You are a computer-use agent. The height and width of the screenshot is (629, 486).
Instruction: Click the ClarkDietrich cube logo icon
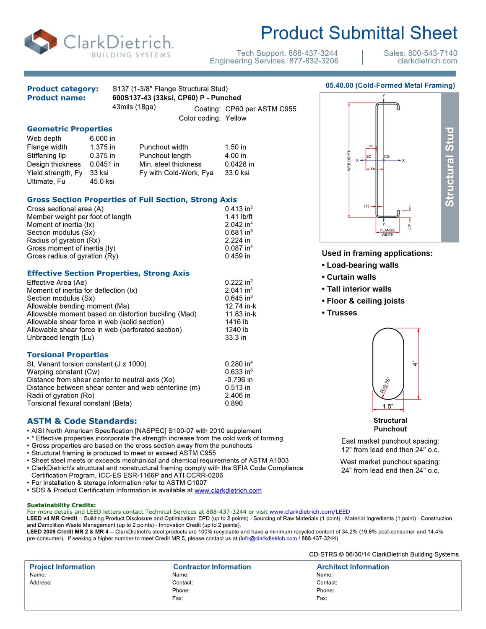click(41, 42)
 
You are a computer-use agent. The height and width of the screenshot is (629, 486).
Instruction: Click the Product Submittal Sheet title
click(359, 33)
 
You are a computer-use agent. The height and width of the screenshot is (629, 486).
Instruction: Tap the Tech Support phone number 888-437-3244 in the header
click(312, 53)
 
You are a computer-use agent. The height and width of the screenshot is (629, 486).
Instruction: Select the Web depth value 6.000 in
click(102, 138)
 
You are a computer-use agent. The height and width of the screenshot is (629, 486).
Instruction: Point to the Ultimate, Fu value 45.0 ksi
click(102, 181)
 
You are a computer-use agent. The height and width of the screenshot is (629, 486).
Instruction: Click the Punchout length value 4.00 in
click(235, 156)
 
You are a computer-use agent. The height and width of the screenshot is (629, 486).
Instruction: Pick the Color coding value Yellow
click(236, 118)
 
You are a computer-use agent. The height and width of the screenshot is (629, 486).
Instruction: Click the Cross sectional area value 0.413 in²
click(239, 209)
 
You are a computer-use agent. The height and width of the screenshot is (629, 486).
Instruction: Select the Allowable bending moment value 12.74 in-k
click(240, 306)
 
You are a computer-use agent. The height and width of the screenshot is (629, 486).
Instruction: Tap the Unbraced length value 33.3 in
click(235, 338)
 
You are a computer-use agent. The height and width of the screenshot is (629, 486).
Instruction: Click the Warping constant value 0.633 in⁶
click(239, 372)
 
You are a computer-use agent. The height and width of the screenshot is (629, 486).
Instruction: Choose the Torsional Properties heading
click(68, 355)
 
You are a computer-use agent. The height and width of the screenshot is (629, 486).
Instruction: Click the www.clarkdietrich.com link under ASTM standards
click(228, 491)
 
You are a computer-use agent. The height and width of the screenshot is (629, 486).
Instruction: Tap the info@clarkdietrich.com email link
click(268, 538)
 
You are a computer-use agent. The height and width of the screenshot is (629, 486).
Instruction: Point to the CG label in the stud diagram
click(387, 156)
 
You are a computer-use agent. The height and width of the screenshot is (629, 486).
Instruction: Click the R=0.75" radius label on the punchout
click(385, 385)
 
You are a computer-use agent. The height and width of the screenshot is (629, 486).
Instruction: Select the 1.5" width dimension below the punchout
click(387, 406)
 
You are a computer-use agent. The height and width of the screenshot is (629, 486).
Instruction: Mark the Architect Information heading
click(353, 567)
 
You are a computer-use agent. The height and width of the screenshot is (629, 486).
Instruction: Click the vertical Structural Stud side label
click(450, 167)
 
